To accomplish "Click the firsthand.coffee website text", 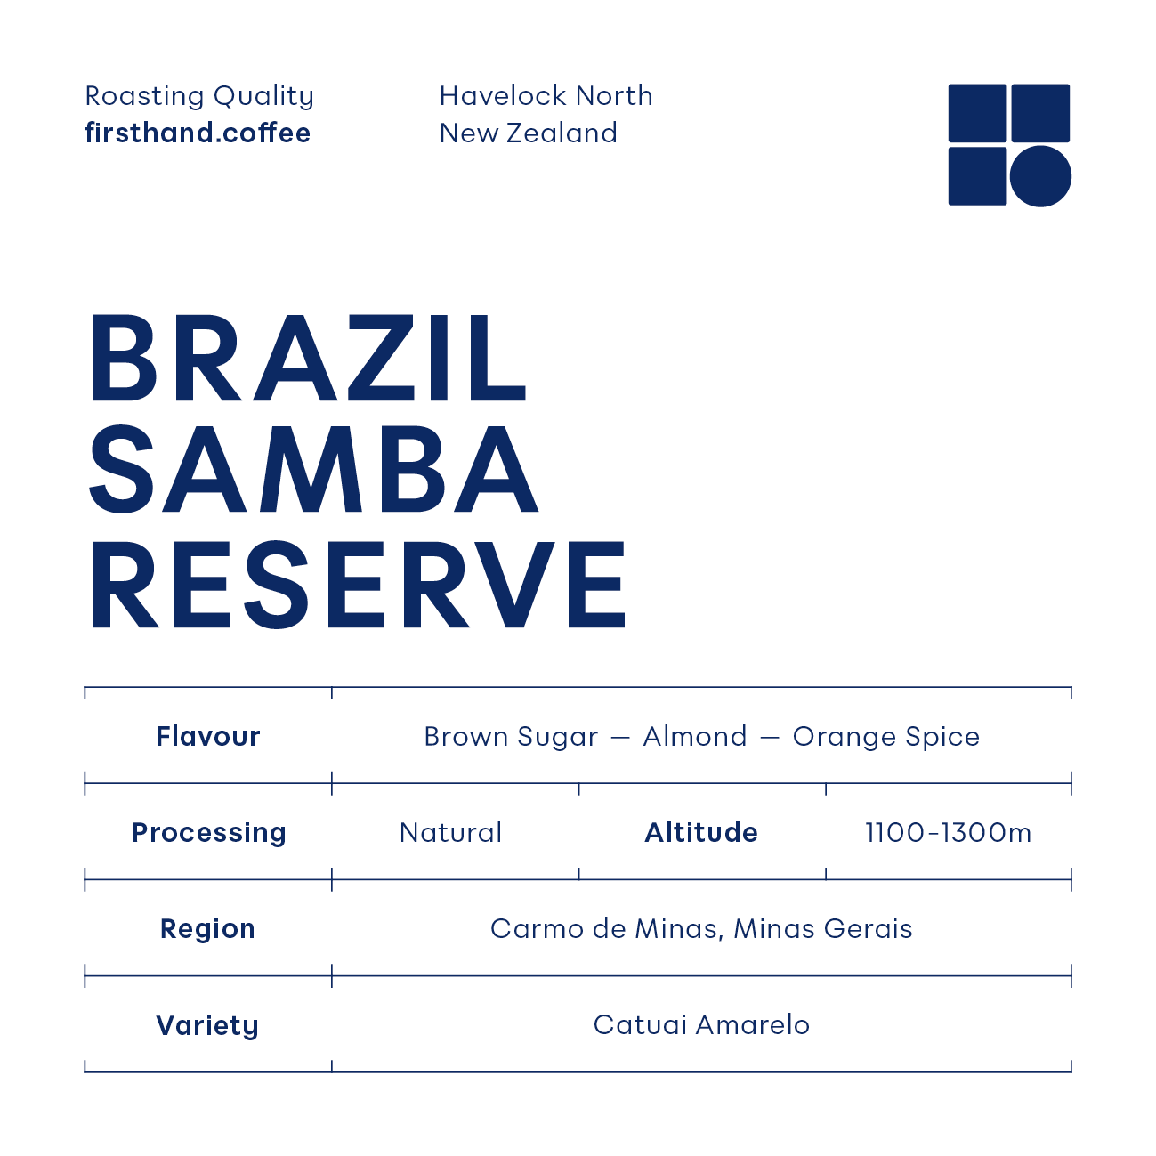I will click(x=198, y=133).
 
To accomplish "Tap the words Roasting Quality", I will click(x=199, y=96).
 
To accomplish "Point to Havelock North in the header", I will click(x=546, y=96).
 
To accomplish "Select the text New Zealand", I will click(x=528, y=133).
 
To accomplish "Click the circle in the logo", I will click(x=1040, y=176).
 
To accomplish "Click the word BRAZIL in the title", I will click(x=309, y=359).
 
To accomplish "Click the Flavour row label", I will click(x=208, y=737).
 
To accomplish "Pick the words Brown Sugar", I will click(x=511, y=737).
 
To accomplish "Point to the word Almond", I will click(x=695, y=737).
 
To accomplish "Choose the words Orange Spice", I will click(x=885, y=737).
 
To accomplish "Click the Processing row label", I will click(x=209, y=833).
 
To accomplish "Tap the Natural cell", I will click(x=451, y=833).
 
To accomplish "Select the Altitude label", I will click(x=701, y=833).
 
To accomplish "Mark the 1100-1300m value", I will click(x=949, y=833).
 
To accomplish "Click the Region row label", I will click(x=207, y=929).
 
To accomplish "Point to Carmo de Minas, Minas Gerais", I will click(x=701, y=929).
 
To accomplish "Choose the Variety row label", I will click(x=207, y=1025).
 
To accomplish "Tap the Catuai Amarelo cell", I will click(x=701, y=1025).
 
